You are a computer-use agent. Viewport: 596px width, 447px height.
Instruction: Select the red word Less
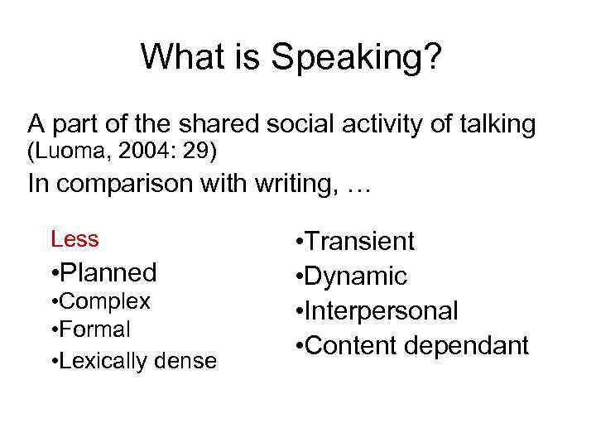pyautogui.click(x=74, y=240)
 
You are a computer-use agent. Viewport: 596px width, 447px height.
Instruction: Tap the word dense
pyautogui.click(x=187, y=361)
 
